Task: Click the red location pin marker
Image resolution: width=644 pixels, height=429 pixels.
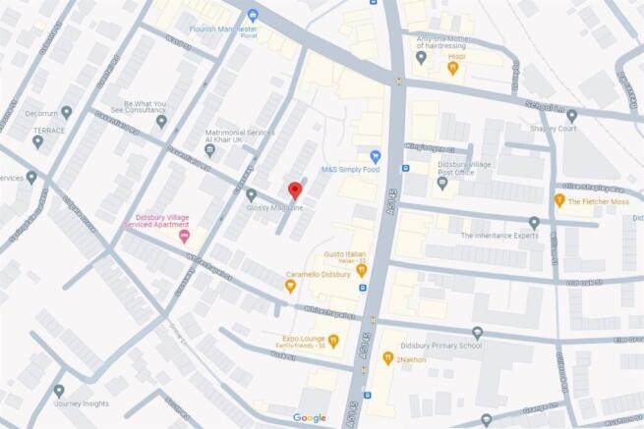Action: point(292,190)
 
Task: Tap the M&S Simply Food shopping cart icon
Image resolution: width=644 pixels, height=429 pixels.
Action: point(375,156)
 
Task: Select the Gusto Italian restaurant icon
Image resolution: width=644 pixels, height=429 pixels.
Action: point(361,269)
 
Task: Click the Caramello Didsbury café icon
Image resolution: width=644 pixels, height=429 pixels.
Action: point(290,286)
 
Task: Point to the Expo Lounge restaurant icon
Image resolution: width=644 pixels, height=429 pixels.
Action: point(333,341)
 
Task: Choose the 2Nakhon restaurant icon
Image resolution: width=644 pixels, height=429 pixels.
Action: point(387,359)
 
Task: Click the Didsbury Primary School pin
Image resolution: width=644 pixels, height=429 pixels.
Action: point(477,334)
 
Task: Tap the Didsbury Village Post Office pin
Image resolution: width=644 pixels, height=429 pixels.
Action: point(441,183)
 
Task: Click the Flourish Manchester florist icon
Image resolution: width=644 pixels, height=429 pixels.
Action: point(253,15)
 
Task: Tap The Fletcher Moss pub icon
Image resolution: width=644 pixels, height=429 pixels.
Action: point(561,202)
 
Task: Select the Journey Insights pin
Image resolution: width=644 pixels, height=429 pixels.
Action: point(59,391)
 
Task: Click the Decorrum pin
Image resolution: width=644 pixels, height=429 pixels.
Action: point(67,112)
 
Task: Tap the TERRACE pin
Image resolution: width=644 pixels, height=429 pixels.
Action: point(37,141)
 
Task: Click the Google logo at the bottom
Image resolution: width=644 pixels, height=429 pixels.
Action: point(309,418)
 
